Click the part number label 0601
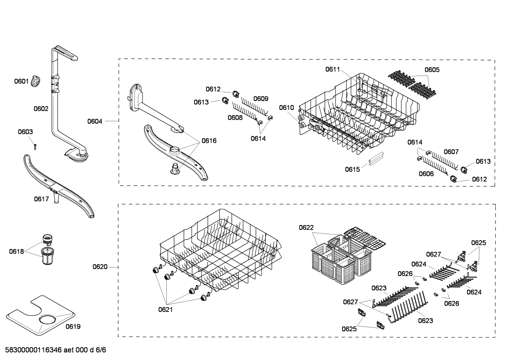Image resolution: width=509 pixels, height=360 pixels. click(x=21, y=81)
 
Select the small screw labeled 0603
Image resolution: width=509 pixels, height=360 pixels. click(x=35, y=146)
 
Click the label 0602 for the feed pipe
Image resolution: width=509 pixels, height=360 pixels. click(x=41, y=109)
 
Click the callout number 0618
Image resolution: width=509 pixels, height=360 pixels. click(x=16, y=252)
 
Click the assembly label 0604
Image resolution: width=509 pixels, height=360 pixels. click(x=95, y=121)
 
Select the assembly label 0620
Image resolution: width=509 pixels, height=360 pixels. click(x=100, y=267)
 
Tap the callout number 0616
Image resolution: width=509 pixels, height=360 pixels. click(x=209, y=141)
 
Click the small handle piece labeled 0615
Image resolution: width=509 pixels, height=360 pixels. click(x=375, y=160)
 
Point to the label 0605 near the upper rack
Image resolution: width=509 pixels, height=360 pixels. click(x=432, y=70)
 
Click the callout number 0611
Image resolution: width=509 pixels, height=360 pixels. click(x=333, y=69)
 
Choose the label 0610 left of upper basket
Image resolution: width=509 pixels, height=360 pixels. click(x=286, y=107)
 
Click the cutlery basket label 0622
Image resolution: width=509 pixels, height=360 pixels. click(x=306, y=228)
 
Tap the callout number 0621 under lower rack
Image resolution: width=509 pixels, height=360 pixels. click(x=165, y=309)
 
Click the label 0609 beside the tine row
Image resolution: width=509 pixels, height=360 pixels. click(x=261, y=99)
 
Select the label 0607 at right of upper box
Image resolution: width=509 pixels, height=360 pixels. click(x=451, y=152)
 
